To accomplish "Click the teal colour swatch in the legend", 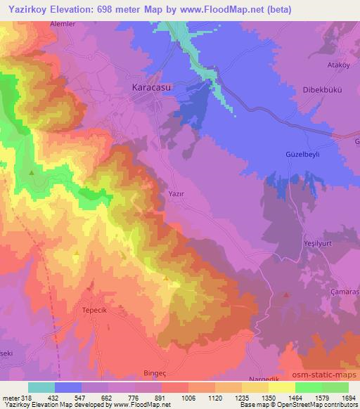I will [x=41, y=387].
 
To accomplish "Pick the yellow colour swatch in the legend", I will [x=281, y=387].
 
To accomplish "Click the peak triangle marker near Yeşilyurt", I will [x=285, y=296].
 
